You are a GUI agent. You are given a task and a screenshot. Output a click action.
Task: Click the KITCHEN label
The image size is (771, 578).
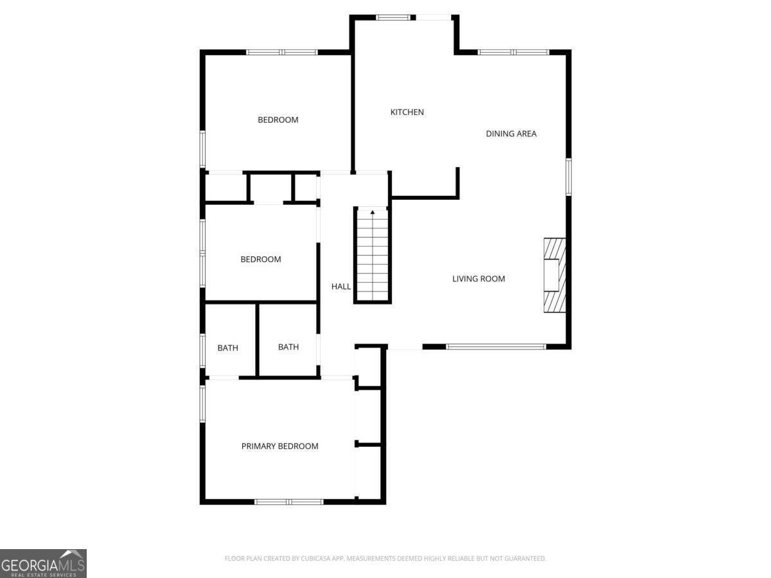pos(407,112)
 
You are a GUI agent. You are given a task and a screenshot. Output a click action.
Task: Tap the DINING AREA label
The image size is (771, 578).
pos(511,134)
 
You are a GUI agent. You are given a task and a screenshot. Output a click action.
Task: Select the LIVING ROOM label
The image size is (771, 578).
pos(479,279)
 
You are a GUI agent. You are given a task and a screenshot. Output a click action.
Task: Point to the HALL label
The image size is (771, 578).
pos(341,286)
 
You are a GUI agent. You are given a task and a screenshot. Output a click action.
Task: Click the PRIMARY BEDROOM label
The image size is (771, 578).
pos(279,446)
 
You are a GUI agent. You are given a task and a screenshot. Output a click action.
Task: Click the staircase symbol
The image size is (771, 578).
pos(373,257)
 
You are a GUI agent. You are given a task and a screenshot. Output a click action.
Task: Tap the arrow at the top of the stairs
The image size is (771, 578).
pos(373,212)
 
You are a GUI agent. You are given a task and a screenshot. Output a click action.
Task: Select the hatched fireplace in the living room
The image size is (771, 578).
pos(554,275)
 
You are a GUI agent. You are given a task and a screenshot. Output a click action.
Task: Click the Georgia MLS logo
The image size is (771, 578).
pos(43,563)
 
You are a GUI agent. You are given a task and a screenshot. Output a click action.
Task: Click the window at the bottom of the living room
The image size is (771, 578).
pos(496,347)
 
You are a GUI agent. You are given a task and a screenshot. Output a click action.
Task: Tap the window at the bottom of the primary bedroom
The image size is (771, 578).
pos(288,502)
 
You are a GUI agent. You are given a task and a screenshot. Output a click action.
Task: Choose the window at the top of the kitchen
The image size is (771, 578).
pos(396,17)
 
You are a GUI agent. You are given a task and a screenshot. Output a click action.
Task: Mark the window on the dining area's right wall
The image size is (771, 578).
pos(569,177)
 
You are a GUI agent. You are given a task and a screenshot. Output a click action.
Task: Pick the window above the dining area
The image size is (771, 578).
pos(513,52)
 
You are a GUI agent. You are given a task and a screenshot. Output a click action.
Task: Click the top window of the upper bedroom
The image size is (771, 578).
pos(282,52)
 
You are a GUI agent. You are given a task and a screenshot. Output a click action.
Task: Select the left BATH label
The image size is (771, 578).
pos(227,348)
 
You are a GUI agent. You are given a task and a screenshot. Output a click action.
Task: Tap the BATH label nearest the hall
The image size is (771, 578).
pos(288,347)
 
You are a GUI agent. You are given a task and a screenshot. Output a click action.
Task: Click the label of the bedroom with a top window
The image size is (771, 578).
pos(278,120)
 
